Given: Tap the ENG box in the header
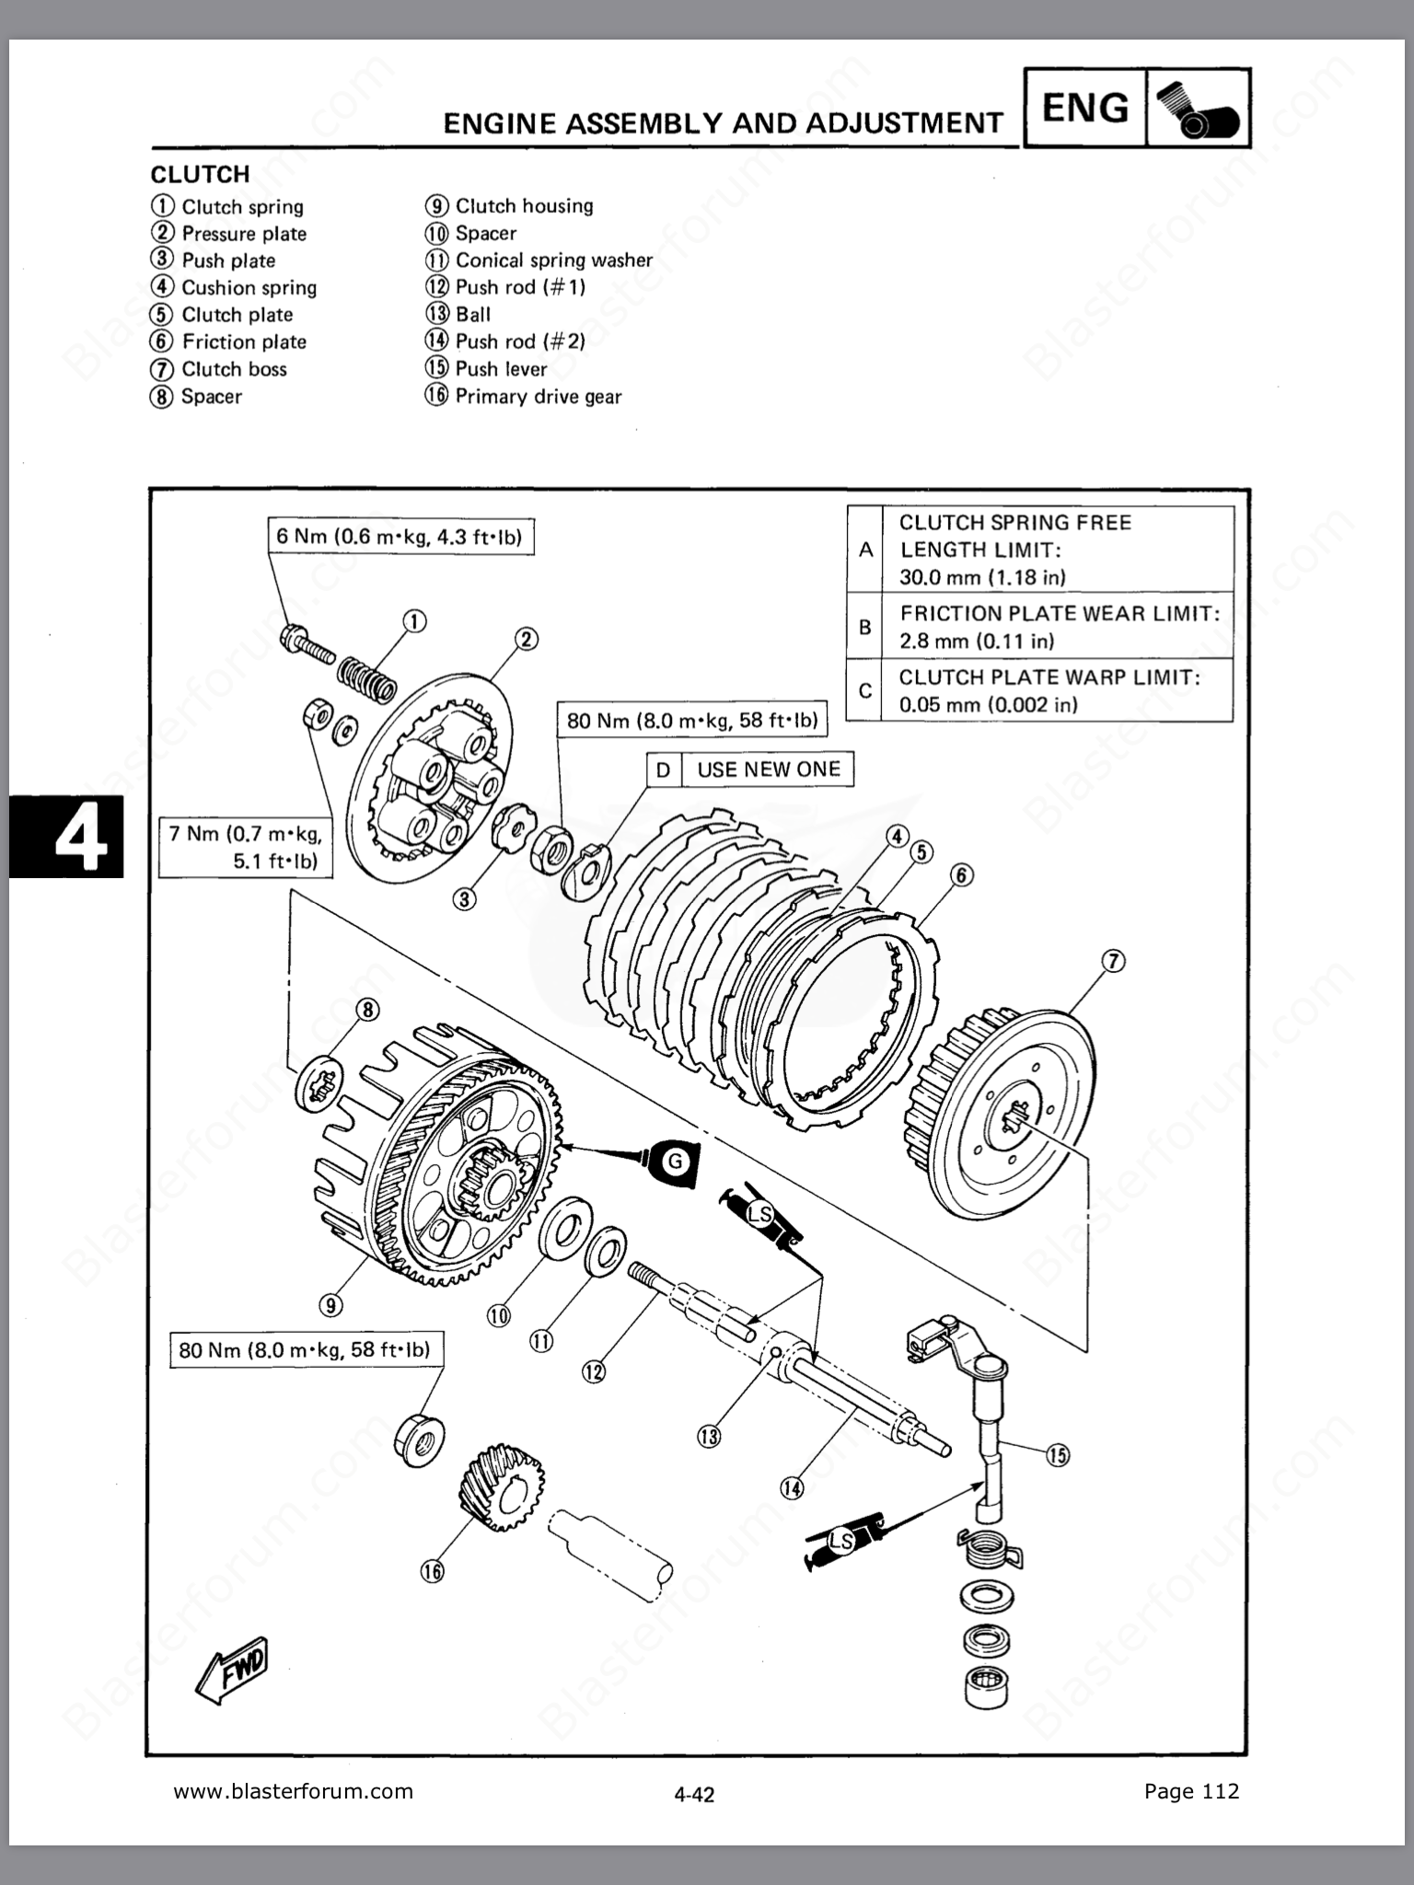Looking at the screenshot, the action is coord(1085,108).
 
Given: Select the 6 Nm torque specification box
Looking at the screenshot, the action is coord(400,537).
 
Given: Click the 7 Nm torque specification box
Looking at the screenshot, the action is coord(245,847).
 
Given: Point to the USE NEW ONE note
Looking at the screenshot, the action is coord(769,769).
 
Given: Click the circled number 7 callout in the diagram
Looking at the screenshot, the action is coord(1113,962).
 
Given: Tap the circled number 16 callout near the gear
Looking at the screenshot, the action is coord(432,1571).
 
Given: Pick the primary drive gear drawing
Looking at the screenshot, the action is coord(501,1487).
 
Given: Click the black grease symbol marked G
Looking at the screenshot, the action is coord(675,1161).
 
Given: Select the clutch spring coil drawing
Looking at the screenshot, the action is coord(367,679).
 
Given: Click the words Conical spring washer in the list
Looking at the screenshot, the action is coord(554,260).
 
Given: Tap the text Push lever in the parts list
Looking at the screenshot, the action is coord(502,369).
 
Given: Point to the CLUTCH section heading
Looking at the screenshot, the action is coord(200,174).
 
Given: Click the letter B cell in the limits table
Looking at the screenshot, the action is coord(864,627).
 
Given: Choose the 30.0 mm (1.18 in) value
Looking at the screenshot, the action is coord(982,578).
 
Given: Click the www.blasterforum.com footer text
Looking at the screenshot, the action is coord(294,1791).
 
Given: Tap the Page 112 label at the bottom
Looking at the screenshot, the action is coord(1192,1791).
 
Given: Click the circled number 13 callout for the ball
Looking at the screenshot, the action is coord(709,1436).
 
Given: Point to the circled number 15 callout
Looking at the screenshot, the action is coord(1058,1454).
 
